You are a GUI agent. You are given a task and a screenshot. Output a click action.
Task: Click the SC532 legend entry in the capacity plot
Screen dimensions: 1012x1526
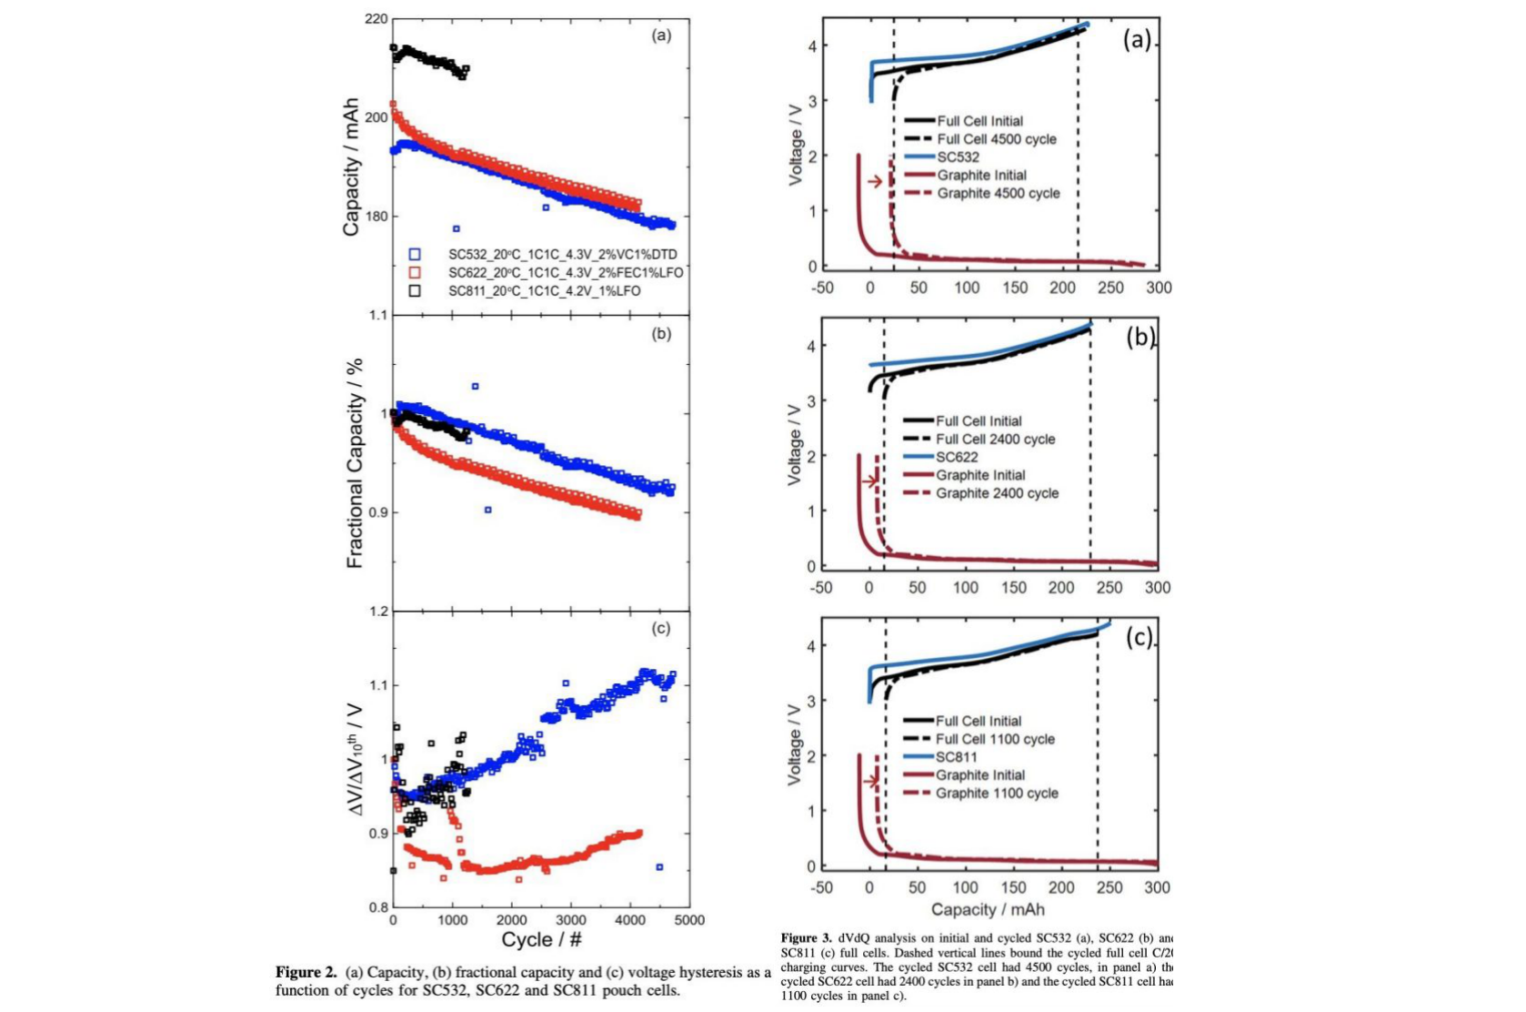(x=562, y=255)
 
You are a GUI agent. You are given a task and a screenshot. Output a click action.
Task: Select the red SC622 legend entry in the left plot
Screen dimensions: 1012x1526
(x=565, y=273)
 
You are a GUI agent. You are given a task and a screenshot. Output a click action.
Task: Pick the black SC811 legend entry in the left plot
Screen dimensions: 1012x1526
(x=544, y=291)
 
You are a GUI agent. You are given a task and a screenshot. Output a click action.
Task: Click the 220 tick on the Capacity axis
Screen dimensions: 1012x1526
(x=376, y=19)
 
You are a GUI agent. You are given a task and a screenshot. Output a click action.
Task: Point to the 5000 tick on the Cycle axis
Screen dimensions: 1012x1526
(x=689, y=920)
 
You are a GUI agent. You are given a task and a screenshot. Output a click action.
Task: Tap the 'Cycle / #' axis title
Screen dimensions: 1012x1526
(x=541, y=940)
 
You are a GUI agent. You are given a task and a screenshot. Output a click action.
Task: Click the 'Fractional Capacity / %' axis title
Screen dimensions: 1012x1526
(x=355, y=463)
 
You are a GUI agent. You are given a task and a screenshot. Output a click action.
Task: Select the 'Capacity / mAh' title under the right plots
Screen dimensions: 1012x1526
(x=988, y=909)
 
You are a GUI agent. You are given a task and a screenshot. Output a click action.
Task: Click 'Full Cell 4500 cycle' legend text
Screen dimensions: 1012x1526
(x=997, y=139)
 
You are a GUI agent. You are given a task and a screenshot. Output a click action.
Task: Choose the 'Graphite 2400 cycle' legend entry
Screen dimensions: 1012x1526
(x=997, y=493)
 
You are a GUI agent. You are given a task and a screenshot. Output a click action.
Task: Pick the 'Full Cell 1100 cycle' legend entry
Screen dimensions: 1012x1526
(x=995, y=739)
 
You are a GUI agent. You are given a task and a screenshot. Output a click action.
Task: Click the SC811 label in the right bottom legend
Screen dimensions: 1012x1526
(x=957, y=757)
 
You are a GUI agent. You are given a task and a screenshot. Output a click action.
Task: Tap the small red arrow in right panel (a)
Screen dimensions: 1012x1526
(x=875, y=181)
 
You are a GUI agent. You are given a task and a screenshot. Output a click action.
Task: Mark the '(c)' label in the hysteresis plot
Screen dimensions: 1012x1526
(x=661, y=628)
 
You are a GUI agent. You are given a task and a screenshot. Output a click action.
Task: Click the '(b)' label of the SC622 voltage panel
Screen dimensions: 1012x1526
(x=1139, y=338)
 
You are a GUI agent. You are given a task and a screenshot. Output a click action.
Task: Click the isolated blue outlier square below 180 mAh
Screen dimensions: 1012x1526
(x=457, y=228)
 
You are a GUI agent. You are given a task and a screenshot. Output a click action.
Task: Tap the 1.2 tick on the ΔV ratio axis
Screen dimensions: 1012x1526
(x=378, y=612)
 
